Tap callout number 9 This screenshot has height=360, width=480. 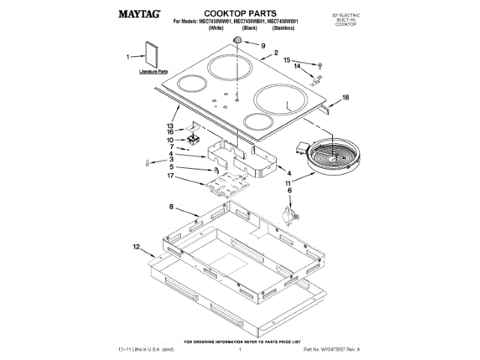point(263,45)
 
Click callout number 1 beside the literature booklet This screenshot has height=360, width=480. point(129,56)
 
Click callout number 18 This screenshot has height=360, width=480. point(346,97)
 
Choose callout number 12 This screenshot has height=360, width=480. point(136,246)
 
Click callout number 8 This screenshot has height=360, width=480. point(171,206)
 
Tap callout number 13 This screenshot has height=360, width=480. point(170,125)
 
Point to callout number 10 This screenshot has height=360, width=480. point(170,139)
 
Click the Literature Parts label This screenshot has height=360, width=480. point(152,72)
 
